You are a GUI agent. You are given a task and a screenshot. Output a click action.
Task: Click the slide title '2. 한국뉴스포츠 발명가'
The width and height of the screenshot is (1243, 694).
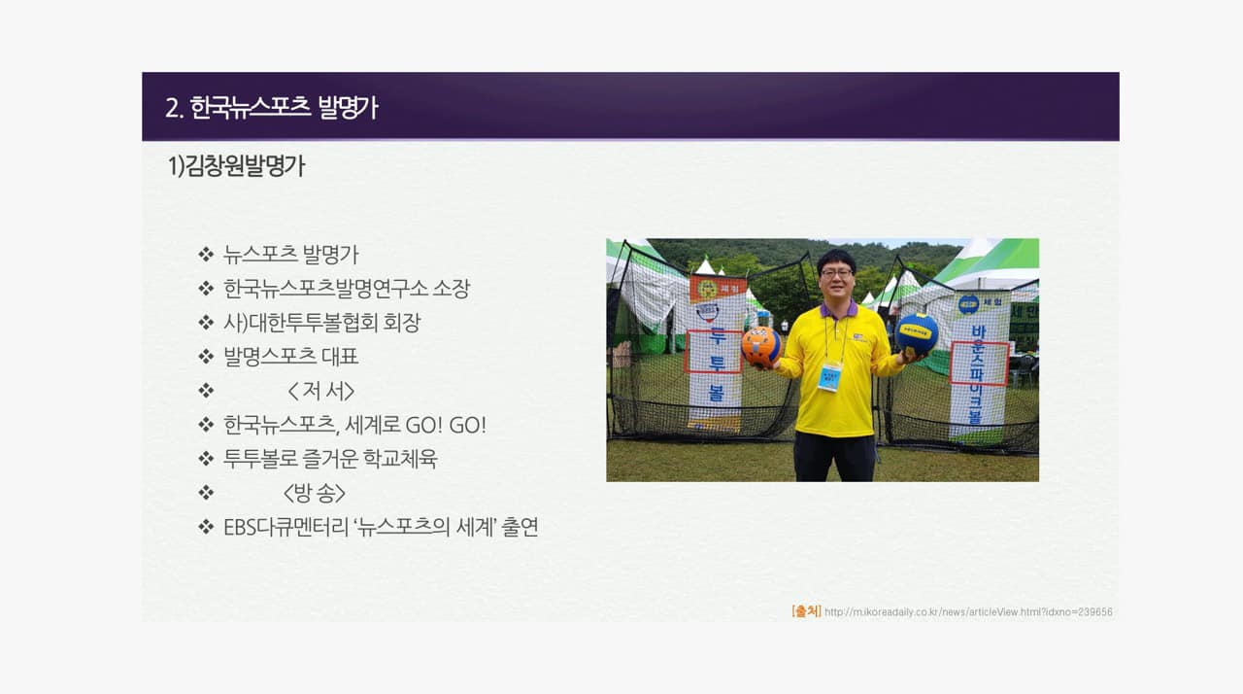tap(271, 107)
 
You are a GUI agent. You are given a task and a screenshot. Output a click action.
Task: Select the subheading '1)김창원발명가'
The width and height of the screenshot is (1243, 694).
tap(236, 166)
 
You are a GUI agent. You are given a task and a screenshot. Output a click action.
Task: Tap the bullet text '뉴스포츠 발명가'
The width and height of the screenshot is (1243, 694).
tap(290, 255)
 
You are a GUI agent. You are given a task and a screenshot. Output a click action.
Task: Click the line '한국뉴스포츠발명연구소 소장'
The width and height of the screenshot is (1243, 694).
tap(347, 288)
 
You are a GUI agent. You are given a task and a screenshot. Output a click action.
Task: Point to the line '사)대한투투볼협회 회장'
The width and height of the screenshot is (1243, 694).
tap(321, 323)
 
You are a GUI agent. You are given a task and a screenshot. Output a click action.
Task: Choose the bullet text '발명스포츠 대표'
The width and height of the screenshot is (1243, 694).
tap(290, 357)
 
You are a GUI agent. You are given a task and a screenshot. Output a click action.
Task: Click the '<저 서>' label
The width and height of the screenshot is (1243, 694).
tap(321, 391)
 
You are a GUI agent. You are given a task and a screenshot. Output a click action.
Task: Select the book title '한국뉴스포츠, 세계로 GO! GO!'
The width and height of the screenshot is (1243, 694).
tap(355, 426)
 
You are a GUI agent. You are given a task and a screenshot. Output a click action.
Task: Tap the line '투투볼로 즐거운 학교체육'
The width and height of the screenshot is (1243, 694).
tap(330, 459)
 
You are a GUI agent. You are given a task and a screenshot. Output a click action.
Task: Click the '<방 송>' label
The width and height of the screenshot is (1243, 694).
tap(315, 493)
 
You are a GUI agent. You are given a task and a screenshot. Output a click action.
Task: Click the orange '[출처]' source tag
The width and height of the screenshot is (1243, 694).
tap(806, 611)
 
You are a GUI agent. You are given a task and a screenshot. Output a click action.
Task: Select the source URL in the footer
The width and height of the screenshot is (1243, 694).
tap(968, 611)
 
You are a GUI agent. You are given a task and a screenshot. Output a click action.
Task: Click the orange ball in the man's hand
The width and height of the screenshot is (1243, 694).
tap(760, 347)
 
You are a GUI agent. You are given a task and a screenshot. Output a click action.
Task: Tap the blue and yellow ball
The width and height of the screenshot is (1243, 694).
tap(917, 333)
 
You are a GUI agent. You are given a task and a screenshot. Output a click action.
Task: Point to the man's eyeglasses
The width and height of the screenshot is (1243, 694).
tap(836, 273)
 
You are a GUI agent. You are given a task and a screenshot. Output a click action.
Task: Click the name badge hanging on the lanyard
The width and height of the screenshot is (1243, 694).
tap(829, 376)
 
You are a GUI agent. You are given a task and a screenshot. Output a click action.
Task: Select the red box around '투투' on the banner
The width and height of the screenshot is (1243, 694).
tap(714, 352)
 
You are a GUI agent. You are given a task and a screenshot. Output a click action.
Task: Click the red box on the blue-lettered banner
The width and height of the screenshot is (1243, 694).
tap(979, 364)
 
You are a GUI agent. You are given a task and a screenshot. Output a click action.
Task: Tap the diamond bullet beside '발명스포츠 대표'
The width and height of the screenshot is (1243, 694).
tap(206, 357)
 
